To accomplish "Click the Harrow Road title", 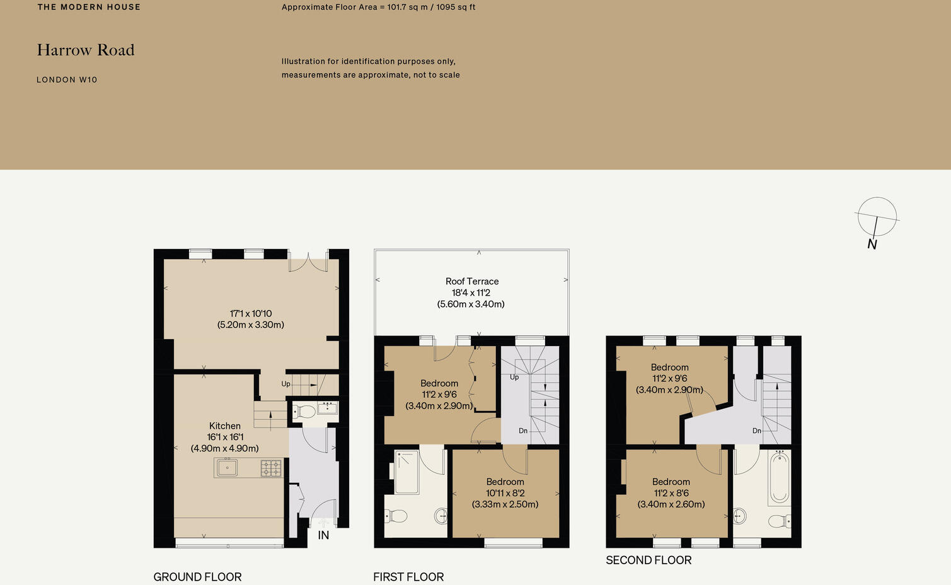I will (86, 50).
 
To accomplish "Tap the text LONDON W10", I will (67, 80).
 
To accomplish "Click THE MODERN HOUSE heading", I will (89, 8).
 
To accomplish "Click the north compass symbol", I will (877, 217).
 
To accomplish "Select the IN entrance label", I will (323, 535).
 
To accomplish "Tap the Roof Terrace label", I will (471, 282).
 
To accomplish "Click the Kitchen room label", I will (225, 426).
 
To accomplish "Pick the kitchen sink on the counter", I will (227, 468).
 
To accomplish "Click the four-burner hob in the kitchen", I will (272, 468).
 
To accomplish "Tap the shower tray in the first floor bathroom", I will (407, 472).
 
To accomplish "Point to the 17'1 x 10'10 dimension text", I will (251, 314).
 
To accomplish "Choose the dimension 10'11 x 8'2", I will (505, 493).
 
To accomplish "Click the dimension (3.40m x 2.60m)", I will (671, 504).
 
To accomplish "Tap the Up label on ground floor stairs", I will (285, 384).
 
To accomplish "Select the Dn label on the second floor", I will (756, 431).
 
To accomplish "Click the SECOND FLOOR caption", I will (648, 560).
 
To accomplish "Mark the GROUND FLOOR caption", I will (197, 577).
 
